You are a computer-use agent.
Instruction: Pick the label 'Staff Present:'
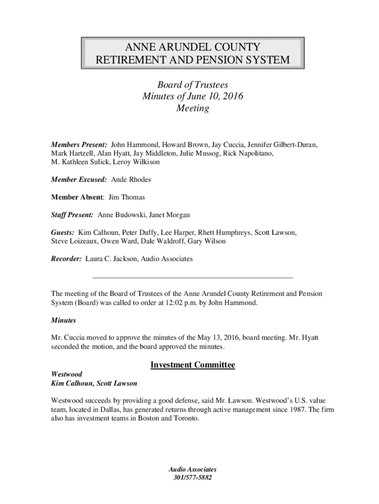tap(72, 215)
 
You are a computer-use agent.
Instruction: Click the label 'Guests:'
tap(63, 233)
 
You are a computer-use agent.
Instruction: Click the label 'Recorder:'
tap(66, 258)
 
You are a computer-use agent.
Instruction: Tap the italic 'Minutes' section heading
tap(63, 320)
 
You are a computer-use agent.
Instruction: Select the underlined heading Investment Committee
tap(192, 365)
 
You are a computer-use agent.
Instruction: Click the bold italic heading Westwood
tap(66, 374)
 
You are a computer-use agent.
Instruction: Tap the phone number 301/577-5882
tap(192, 478)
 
